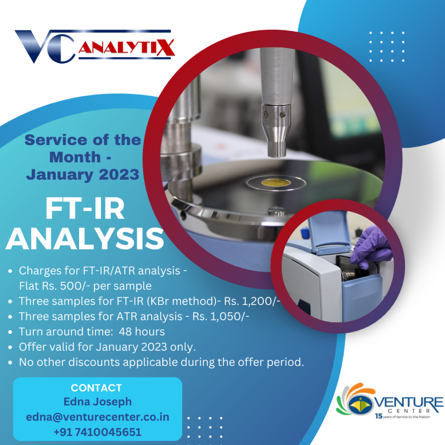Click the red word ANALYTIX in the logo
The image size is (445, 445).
click(126, 47)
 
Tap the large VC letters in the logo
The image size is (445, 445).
click(45, 46)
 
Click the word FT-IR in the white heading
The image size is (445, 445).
click(85, 209)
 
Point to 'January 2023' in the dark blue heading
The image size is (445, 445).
click(83, 175)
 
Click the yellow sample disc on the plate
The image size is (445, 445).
click(276, 183)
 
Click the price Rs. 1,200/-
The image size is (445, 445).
click(252, 301)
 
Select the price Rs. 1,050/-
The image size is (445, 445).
click(221, 316)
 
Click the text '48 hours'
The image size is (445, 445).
click(142, 332)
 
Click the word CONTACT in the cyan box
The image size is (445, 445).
click(96, 388)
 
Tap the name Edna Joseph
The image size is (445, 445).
click(98, 402)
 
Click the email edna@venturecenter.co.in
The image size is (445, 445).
click(98, 417)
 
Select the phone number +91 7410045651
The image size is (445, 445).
click(98, 432)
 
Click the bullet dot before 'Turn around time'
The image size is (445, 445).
click(10, 332)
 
